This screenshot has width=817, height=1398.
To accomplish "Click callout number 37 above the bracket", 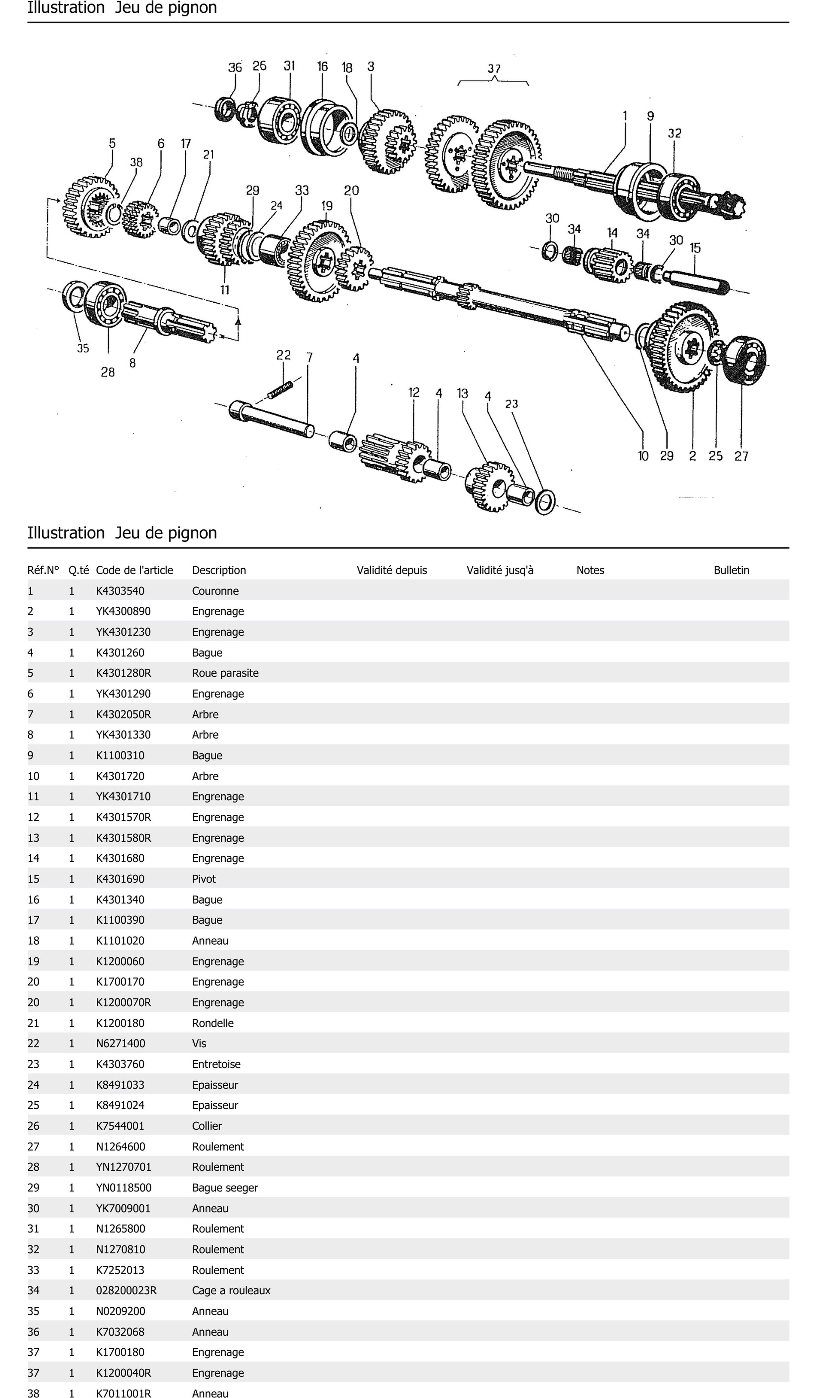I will (494, 69).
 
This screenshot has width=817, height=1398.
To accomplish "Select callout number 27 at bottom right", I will (742, 456).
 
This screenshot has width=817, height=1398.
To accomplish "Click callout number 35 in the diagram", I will (83, 349).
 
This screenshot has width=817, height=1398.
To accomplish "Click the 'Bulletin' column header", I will (731, 570).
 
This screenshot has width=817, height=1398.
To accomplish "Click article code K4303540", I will (120, 591).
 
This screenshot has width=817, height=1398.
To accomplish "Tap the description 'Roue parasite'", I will (225, 673).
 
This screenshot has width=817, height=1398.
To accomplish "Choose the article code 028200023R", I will (126, 1290).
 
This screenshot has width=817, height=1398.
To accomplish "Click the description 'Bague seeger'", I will (225, 1188).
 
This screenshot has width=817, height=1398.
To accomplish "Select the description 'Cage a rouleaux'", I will (231, 1290).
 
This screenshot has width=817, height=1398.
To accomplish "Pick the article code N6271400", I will (120, 1044).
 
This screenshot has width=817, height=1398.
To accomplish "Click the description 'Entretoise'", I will (216, 1064).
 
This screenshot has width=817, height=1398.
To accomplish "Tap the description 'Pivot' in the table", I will (204, 879).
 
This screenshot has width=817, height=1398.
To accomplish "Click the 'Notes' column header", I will (590, 570).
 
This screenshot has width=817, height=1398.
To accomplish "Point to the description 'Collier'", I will (206, 1126).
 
